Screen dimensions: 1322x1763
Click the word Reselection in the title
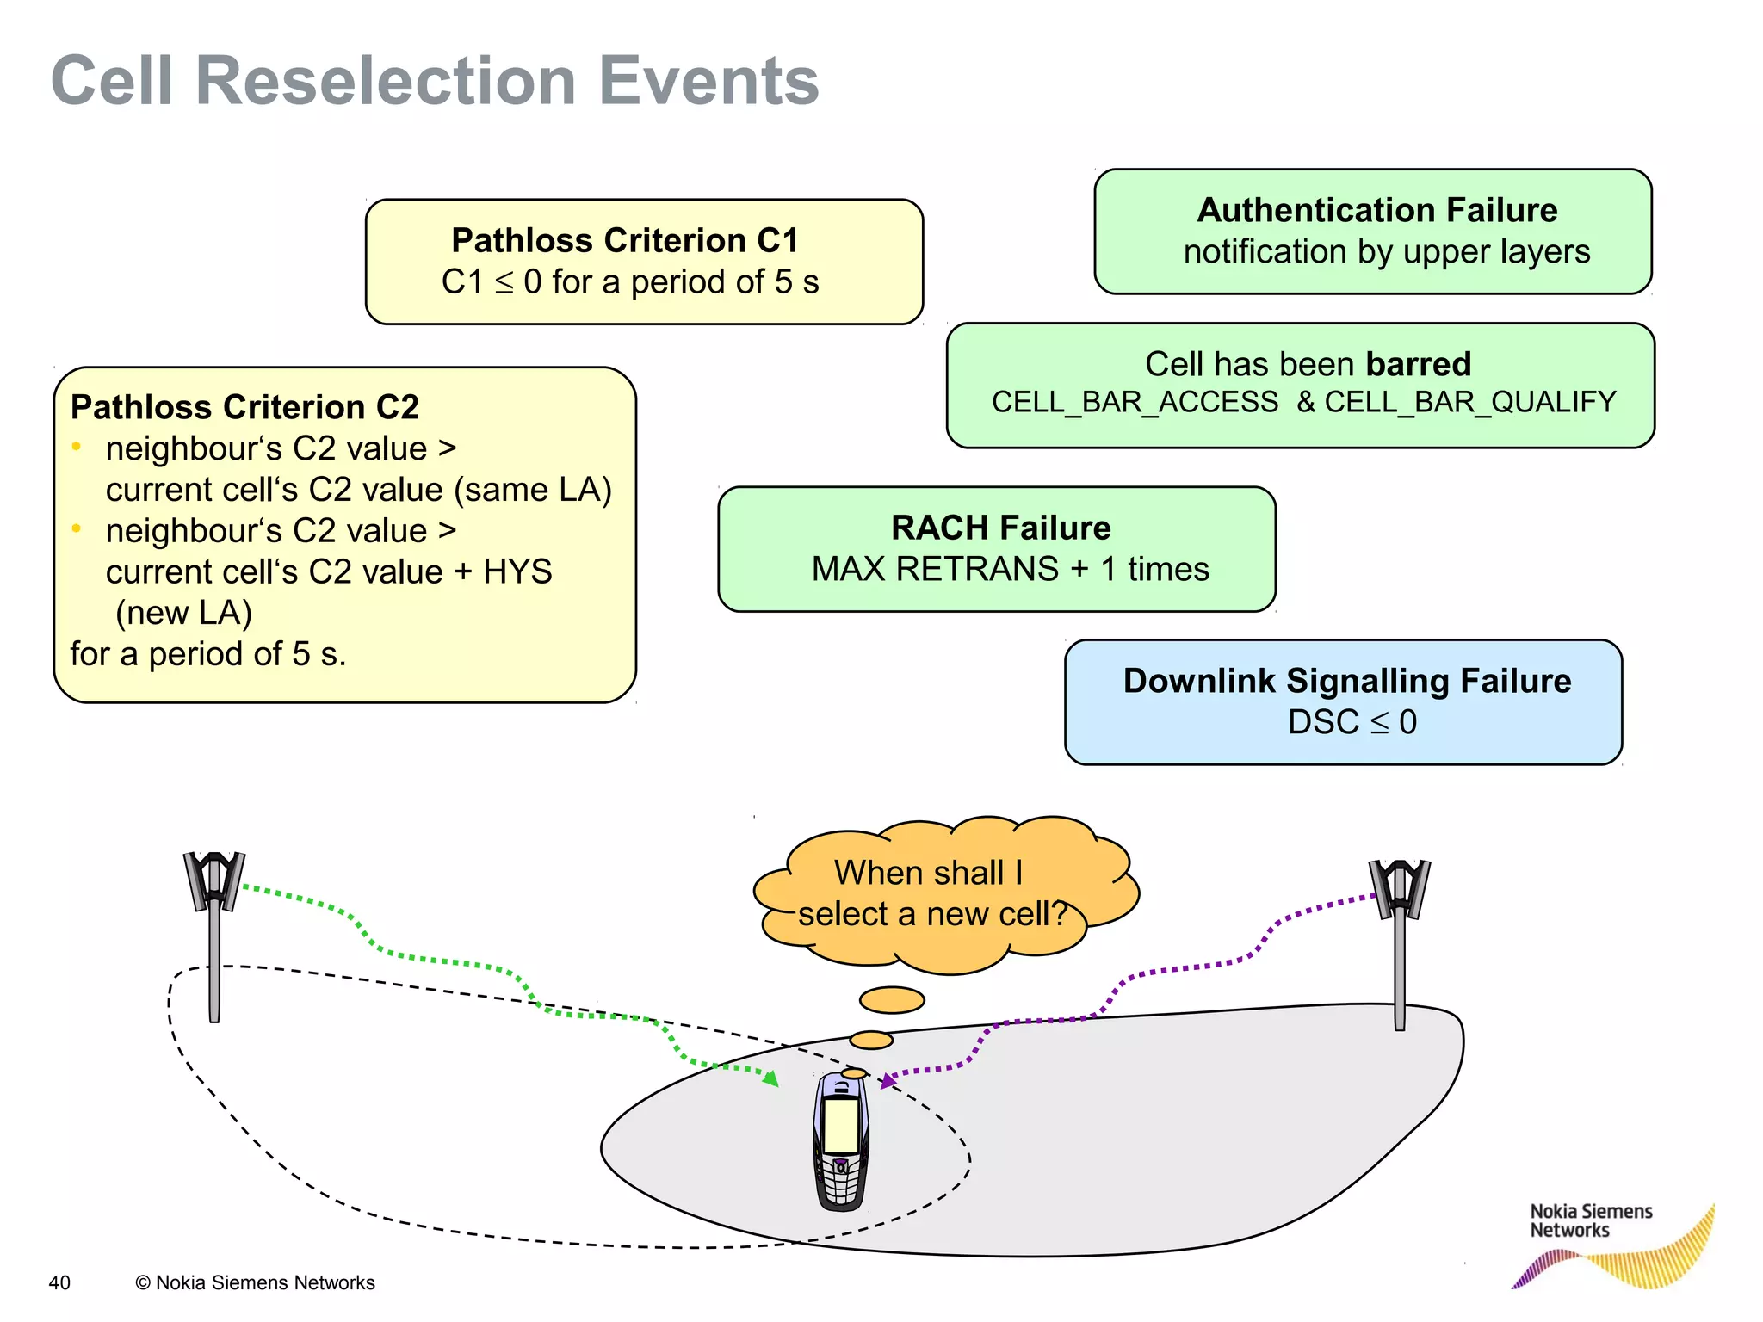(386, 81)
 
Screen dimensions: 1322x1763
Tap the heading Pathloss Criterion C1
(625, 240)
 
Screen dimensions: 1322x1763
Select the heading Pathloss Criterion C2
(244, 407)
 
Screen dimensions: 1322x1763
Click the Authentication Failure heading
(1376, 210)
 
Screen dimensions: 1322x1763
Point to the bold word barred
(1418, 364)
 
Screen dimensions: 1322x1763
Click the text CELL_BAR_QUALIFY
(1469, 402)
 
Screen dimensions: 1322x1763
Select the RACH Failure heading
(1000, 528)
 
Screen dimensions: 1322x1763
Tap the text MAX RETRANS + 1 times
(1010, 569)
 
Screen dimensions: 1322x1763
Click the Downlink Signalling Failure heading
(1346, 681)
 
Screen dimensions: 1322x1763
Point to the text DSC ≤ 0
(1352, 722)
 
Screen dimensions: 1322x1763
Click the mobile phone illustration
(840, 1140)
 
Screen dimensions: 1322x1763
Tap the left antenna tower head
(213, 880)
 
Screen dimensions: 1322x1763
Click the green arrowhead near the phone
(771, 1078)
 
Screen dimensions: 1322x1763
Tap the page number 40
(59, 1282)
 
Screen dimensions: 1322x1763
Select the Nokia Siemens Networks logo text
(1590, 1220)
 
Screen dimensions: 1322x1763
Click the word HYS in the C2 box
(517, 571)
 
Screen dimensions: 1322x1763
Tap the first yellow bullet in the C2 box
(77, 446)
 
